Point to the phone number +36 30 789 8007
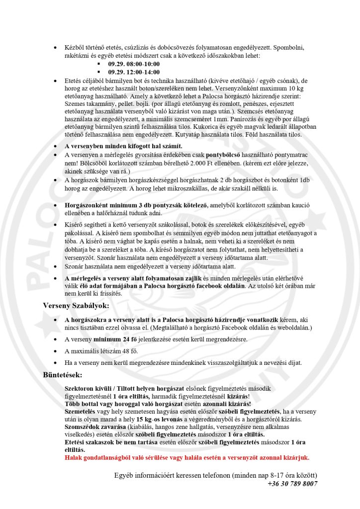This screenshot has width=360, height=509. tap(292, 483)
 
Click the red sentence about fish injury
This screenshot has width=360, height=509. tap(187, 457)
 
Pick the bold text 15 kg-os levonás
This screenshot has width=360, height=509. tap(153, 420)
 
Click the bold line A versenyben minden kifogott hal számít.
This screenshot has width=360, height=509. tap(123, 146)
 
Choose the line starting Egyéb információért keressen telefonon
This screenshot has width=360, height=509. tap(215, 475)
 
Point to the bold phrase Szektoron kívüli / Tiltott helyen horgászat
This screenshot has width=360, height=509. tap(124, 388)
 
